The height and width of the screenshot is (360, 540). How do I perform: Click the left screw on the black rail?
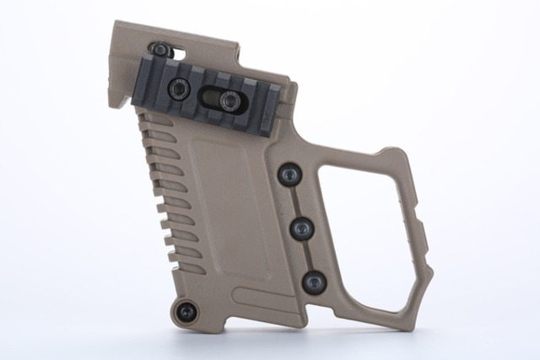pos(179,87)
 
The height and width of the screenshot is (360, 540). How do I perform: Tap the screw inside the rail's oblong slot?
pos(228,101)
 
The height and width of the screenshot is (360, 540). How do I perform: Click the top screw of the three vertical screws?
pos(289,175)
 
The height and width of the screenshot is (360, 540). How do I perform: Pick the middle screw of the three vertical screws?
pos(301,228)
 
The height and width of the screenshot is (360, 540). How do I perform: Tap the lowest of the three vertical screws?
pos(313,282)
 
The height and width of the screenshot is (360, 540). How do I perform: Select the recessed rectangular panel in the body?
pos(229,211)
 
